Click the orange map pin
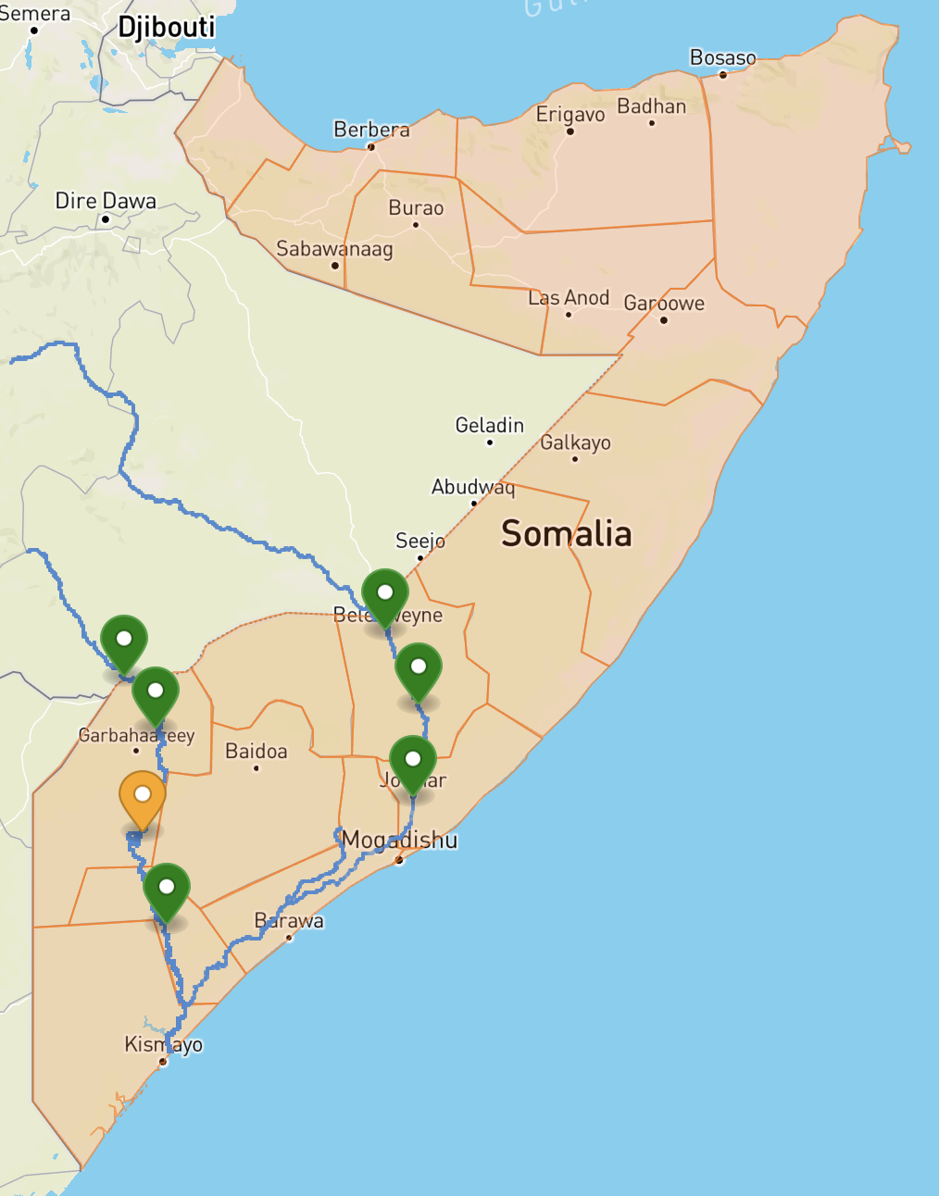(x=143, y=796)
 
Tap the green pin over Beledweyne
(x=385, y=593)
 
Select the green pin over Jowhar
(x=413, y=760)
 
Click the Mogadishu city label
(x=399, y=840)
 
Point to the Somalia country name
(x=566, y=534)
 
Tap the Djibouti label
(x=167, y=27)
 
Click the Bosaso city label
(x=722, y=57)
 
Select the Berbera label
(x=371, y=130)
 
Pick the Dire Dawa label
(x=106, y=201)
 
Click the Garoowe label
(x=664, y=304)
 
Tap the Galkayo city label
(x=575, y=442)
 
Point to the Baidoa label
(x=257, y=751)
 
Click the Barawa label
(x=289, y=921)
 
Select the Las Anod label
(x=569, y=298)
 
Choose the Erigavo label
(x=570, y=115)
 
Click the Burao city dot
(x=416, y=225)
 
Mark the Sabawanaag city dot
(x=335, y=266)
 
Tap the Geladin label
(x=490, y=426)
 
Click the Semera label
(x=35, y=14)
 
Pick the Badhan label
(x=652, y=106)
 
